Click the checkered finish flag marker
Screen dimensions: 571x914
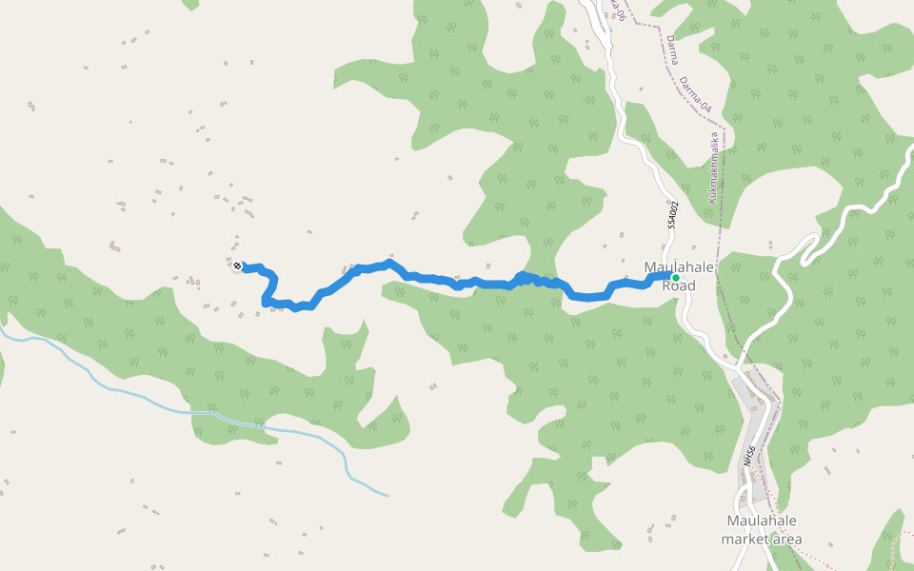(237, 266)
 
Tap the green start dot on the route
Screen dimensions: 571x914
(675, 278)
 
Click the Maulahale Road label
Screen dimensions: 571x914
(679, 276)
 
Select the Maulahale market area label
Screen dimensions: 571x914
(761, 530)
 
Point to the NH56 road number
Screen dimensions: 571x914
(749, 456)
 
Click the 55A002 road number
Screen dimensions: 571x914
(672, 215)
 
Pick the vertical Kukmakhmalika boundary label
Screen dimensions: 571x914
(713, 167)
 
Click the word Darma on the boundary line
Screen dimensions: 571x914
(672, 49)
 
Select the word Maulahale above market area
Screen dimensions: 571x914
(761, 521)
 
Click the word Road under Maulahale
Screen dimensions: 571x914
(679, 285)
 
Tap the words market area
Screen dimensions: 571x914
(761, 540)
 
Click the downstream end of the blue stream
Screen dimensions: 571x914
(386, 495)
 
